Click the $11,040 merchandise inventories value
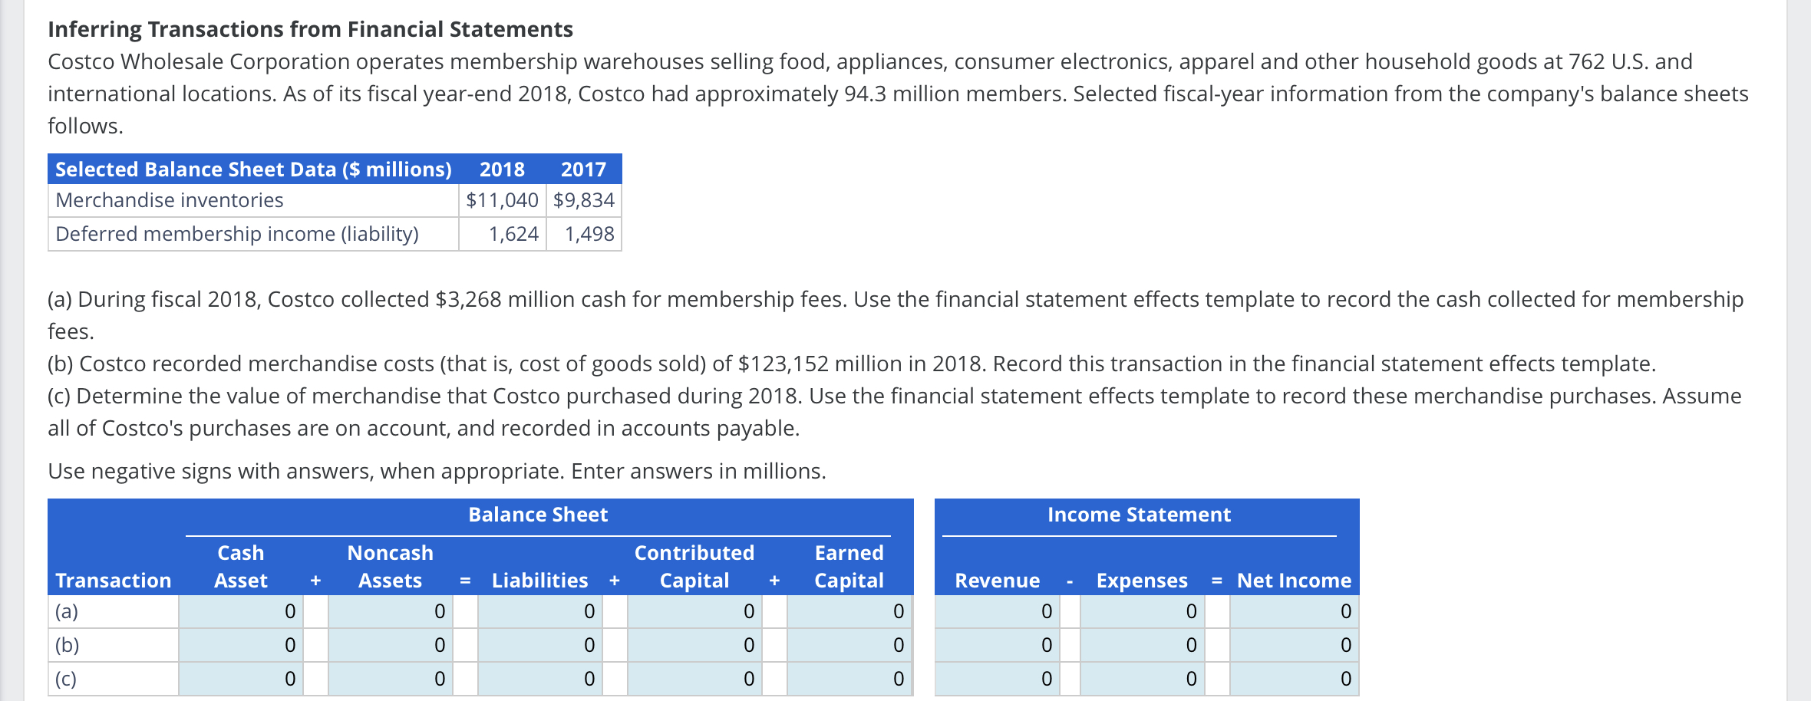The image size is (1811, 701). click(503, 200)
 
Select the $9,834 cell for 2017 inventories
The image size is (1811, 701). click(584, 200)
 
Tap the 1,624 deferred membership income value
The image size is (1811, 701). click(513, 234)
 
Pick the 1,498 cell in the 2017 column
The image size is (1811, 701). click(589, 234)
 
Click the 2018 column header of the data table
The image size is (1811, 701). click(502, 169)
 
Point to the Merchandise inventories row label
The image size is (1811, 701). click(170, 200)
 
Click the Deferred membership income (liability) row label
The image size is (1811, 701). click(237, 234)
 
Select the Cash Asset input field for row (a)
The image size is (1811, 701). click(241, 611)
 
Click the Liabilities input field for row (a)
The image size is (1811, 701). click(539, 611)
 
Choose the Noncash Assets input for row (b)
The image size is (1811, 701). click(391, 645)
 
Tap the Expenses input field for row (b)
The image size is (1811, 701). click(1142, 645)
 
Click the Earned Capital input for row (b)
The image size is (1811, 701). click(849, 645)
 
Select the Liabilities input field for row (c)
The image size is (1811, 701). click(539, 679)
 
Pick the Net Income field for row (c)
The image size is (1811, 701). click(1294, 679)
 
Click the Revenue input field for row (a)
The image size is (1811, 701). click(997, 611)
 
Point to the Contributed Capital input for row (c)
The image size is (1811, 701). click(694, 679)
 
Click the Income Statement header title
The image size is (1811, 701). click(1139, 515)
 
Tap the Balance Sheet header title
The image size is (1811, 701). click(538, 515)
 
